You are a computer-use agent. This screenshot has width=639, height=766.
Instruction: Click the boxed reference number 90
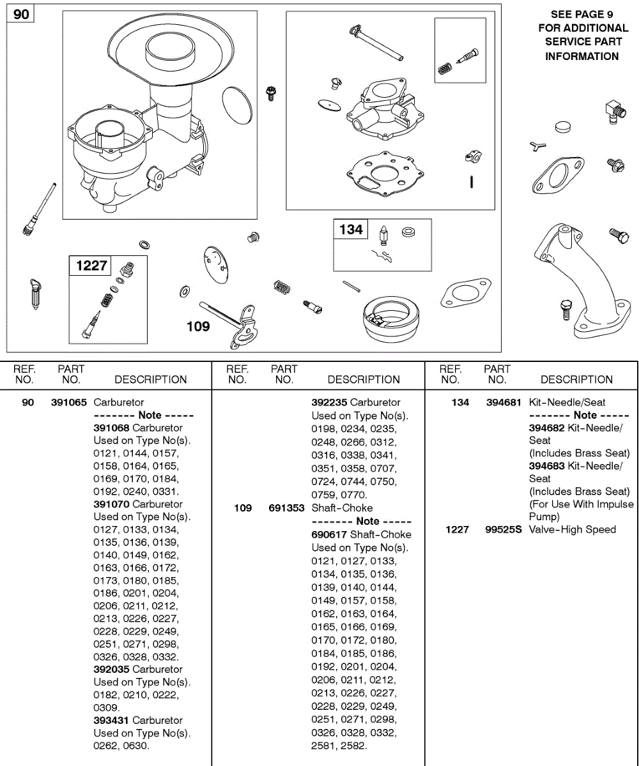[x=21, y=14]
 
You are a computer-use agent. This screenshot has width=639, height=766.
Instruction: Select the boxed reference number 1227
[x=91, y=265]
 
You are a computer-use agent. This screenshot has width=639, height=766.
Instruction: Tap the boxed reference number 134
[x=351, y=229]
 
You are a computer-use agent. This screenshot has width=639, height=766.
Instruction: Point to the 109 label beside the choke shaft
[x=198, y=326]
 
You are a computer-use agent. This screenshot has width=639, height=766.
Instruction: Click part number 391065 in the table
[x=70, y=402]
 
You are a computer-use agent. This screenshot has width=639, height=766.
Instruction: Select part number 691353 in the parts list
[x=286, y=508]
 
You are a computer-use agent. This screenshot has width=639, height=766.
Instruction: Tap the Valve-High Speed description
[x=573, y=529]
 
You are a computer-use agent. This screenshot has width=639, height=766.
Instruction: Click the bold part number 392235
[x=329, y=402]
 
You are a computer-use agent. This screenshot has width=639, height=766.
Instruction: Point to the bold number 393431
[x=111, y=720]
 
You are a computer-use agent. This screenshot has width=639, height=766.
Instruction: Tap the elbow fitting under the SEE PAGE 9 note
[x=613, y=111]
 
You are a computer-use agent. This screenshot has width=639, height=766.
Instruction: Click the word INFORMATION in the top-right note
[x=581, y=56]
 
